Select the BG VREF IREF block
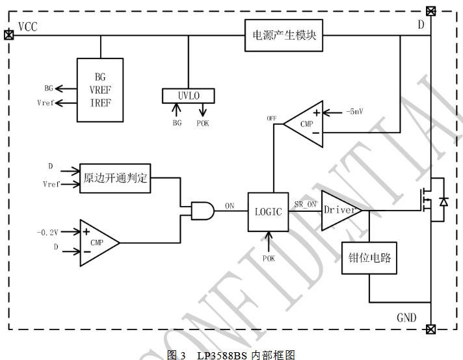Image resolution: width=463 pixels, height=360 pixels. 101,89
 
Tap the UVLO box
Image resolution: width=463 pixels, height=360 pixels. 189,96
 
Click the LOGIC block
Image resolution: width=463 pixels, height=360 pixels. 268,212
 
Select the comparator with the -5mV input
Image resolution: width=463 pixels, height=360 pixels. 304,123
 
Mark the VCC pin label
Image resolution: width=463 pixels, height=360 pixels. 28,27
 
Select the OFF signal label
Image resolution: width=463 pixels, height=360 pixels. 272,118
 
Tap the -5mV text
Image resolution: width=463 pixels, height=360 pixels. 354,111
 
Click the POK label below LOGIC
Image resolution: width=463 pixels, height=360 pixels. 269,258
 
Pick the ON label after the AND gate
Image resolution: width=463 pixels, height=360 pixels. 230,205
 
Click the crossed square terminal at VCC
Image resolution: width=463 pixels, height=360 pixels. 8,34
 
